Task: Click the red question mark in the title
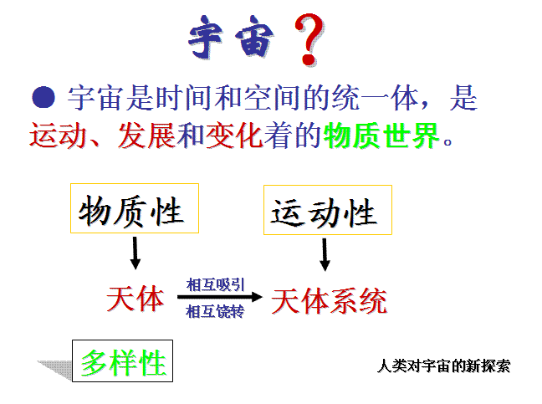(309, 40)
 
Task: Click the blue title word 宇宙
(231, 37)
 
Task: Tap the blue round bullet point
(43, 97)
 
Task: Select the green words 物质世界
(381, 136)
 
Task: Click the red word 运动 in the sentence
(58, 136)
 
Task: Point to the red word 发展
(146, 136)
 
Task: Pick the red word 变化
(234, 136)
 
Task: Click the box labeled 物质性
(135, 208)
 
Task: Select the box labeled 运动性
(328, 210)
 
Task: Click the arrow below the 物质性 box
(135, 253)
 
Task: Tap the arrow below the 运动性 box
(325, 255)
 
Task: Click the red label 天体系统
(329, 301)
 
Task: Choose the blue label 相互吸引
(215, 285)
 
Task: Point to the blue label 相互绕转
(215, 311)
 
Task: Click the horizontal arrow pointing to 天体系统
(220, 297)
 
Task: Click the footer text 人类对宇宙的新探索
(443, 366)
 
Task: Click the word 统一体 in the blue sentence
(376, 99)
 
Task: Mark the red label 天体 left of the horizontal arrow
(135, 299)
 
